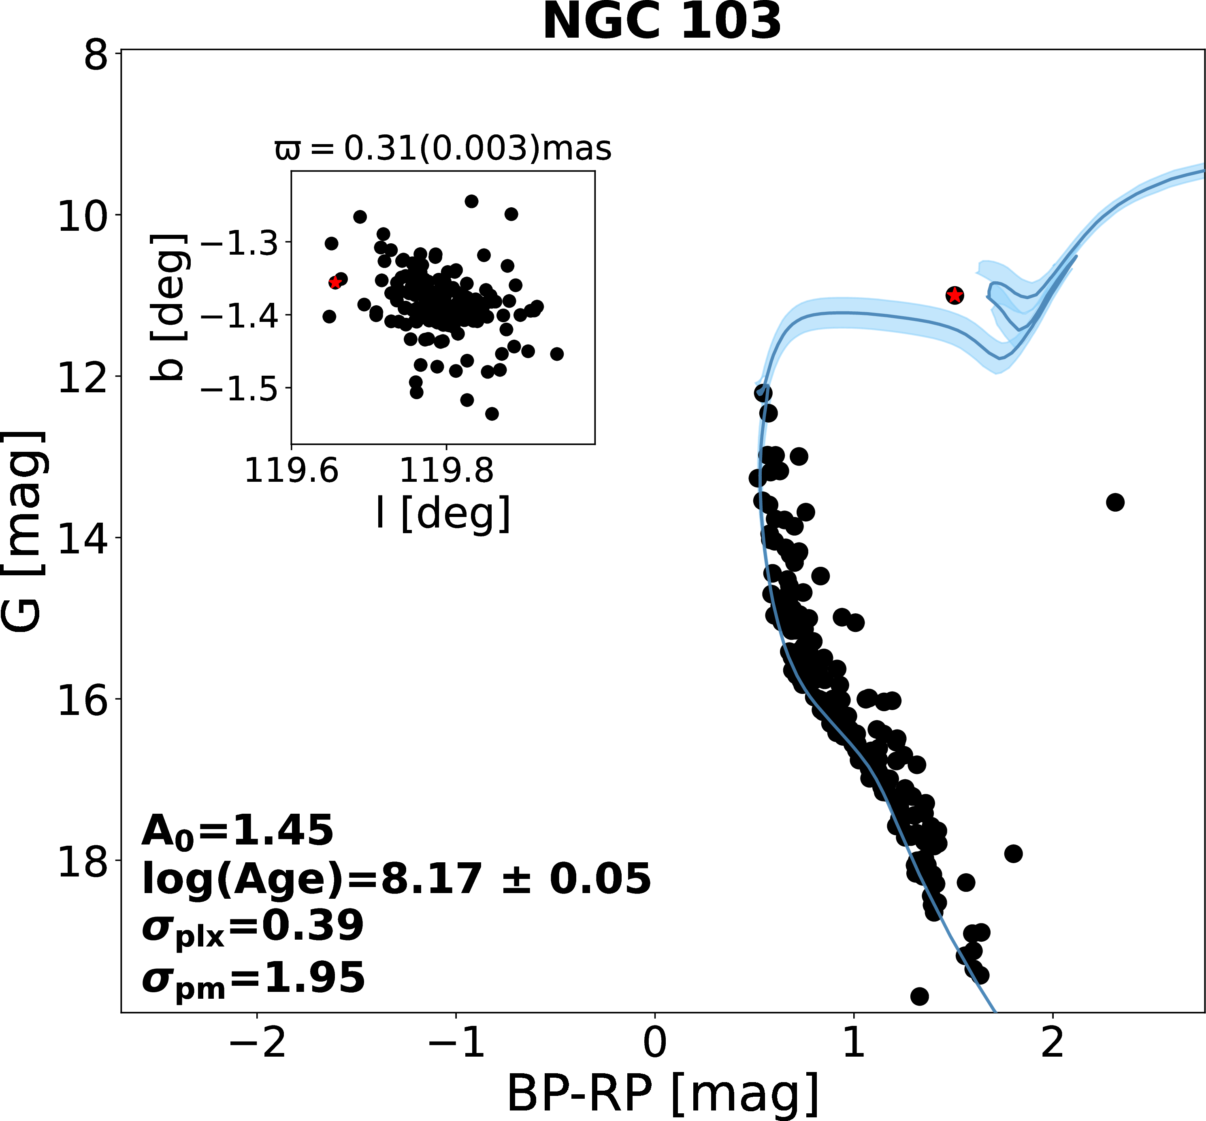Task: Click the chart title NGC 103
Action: click(662, 22)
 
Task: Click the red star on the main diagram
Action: click(955, 296)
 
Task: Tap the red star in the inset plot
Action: click(335, 282)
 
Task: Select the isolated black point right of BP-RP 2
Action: click(1115, 502)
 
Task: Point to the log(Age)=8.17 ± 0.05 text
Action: click(396, 879)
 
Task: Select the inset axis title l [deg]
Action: click(443, 513)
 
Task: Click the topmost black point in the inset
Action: click(471, 201)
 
